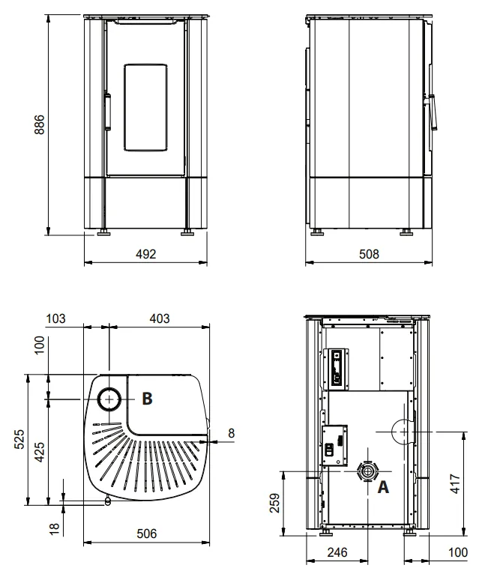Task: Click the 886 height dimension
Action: click(39, 124)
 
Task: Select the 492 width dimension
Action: click(145, 254)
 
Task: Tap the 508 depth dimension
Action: click(369, 254)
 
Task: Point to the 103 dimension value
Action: click(55, 318)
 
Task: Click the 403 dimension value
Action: click(160, 318)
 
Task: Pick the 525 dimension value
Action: click(19, 439)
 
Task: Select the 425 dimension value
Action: click(39, 452)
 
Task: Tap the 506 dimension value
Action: click(147, 534)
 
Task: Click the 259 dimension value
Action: click(274, 503)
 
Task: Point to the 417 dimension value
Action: click(454, 483)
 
